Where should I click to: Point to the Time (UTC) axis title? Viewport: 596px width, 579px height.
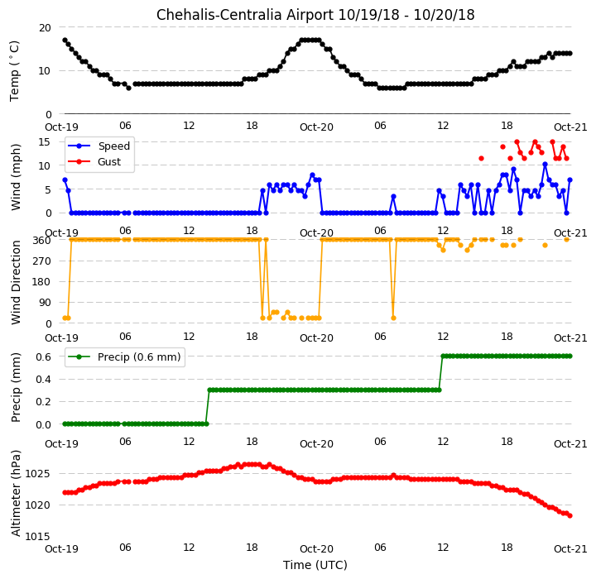coord(315,565)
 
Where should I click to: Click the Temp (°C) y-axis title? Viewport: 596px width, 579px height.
coord(14,71)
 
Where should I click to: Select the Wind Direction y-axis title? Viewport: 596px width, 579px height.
coord(16,282)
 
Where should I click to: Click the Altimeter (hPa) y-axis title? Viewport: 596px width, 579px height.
coord(16,493)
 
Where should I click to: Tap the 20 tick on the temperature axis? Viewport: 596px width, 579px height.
coord(45,28)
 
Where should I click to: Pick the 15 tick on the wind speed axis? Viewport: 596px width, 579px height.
coord(45,142)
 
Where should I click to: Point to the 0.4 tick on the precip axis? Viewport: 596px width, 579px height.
coord(43,379)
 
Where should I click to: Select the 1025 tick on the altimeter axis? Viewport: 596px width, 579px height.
coord(37,474)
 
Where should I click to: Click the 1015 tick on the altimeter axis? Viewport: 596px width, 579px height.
coord(37,537)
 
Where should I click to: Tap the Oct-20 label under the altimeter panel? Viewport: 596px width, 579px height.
coord(316,549)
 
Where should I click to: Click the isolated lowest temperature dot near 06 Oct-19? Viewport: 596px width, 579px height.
coord(129,88)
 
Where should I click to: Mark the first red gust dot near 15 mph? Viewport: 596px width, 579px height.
coord(517,141)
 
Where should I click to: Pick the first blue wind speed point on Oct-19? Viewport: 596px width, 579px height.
coord(65,180)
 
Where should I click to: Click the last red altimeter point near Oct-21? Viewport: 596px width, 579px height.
coord(570,515)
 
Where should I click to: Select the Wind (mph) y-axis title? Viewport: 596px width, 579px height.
coord(16,177)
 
